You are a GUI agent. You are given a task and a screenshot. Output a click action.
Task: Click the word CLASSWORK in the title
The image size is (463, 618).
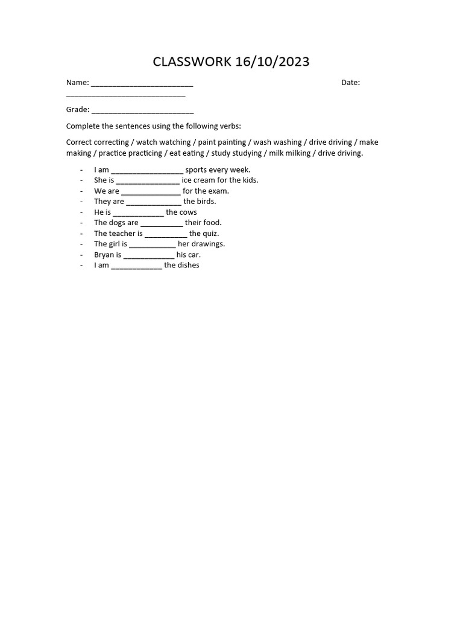(191, 62)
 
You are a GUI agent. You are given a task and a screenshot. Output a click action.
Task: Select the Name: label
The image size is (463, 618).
(77, 83)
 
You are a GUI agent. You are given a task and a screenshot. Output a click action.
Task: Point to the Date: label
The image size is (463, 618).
(350, 83)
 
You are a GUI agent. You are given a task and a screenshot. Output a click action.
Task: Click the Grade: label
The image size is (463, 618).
(78, 110)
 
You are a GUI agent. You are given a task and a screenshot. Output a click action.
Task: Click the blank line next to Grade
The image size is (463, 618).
(143, 111)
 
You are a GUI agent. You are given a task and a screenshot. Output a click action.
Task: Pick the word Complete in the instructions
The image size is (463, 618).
(82, 126)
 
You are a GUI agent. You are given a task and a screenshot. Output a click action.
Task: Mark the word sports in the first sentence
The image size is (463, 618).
(197, 170)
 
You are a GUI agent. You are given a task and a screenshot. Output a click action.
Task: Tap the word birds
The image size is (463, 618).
(206, 202)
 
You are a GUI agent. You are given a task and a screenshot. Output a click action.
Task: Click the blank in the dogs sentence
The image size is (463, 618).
(162, 224)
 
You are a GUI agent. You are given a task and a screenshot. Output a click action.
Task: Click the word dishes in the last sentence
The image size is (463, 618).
(189, 266)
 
